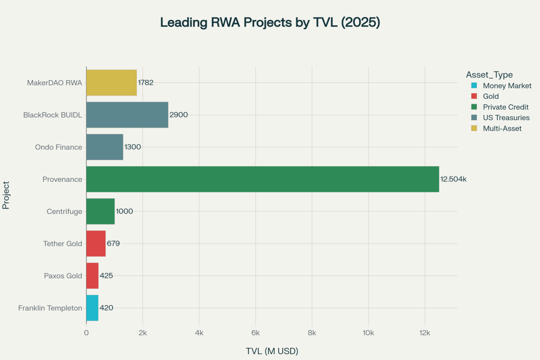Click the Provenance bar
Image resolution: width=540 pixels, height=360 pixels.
coord(262,179)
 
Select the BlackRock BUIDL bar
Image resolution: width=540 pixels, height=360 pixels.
coord(127,115)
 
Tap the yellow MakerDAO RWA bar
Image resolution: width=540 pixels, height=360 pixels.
coord(111,83)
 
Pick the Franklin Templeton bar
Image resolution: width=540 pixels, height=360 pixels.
coord(92,308)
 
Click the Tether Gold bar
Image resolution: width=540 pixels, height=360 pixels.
coord(96,244)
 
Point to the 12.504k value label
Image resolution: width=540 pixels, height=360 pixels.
coord(454,179)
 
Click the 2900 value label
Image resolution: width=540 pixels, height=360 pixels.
coord(179,115)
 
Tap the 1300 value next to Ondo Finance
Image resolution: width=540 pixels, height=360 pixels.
coord(132,147)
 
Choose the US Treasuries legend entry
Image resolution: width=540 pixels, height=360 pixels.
coord(502,118)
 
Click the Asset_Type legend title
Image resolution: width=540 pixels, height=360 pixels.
coord(489,75)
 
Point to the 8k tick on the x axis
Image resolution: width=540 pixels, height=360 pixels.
coord(312,333)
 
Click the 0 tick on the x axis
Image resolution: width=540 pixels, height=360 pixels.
coord(86,333)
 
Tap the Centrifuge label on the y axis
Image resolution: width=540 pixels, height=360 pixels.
coord(64,211)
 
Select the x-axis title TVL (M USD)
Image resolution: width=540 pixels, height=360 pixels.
coord(272,351)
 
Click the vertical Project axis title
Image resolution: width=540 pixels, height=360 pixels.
coord(6,195)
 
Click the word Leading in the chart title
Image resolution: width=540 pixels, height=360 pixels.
coord(182,23)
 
